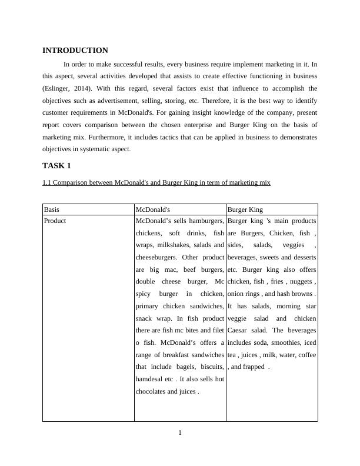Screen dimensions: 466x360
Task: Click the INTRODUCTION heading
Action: tap(75, 51)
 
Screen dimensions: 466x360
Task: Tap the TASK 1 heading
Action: tap(56, 165)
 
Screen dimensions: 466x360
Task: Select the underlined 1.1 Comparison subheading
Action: tap(156, 182)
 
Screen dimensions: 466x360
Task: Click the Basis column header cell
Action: tap(52, 209)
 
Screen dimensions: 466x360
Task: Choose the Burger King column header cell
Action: tap(245, 209)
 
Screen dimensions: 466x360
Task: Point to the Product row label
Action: tap(55, 221)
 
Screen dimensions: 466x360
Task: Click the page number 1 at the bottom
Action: tap(180, 434)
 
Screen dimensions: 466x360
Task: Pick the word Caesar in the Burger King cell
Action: tap(237, 330)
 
